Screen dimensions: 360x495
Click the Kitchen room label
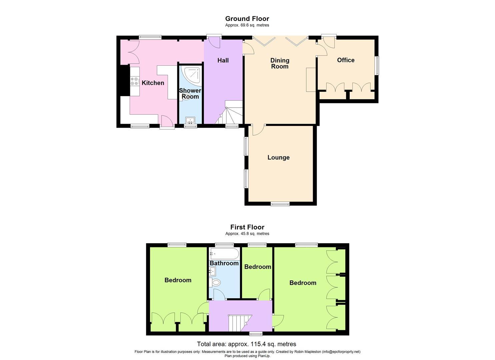pos(153,83)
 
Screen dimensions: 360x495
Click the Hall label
pos(223,60)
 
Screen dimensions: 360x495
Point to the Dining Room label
pos(280,63)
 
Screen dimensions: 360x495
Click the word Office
pos(346,60)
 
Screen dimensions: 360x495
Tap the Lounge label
pos(278,157)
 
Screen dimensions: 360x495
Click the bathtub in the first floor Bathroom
pos(224,254)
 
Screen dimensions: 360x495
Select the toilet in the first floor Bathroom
pos(216,283)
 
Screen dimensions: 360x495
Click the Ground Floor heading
pos(247,19)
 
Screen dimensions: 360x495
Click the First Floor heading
pos(247,227)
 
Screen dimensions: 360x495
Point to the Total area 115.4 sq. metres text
pos(246,344)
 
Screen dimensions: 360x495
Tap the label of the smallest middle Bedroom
pos(257,267)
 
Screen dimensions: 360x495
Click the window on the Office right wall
pos(377,66)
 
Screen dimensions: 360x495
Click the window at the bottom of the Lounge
pos(280,204)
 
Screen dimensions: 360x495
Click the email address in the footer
pos(341,352)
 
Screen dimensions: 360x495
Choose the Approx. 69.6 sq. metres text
pos(247,25)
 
